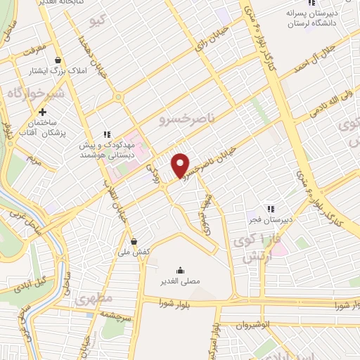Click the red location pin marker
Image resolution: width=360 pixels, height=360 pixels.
pyautogui.click(x=181, y=165)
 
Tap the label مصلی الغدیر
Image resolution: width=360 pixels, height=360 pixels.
pyautogui.click(x=181, y=281)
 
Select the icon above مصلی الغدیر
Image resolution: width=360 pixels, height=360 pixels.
pyautogui.click(x=181, y=270)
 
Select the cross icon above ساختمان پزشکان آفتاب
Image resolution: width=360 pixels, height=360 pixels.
pyautogui.click(x=43, y=111)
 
